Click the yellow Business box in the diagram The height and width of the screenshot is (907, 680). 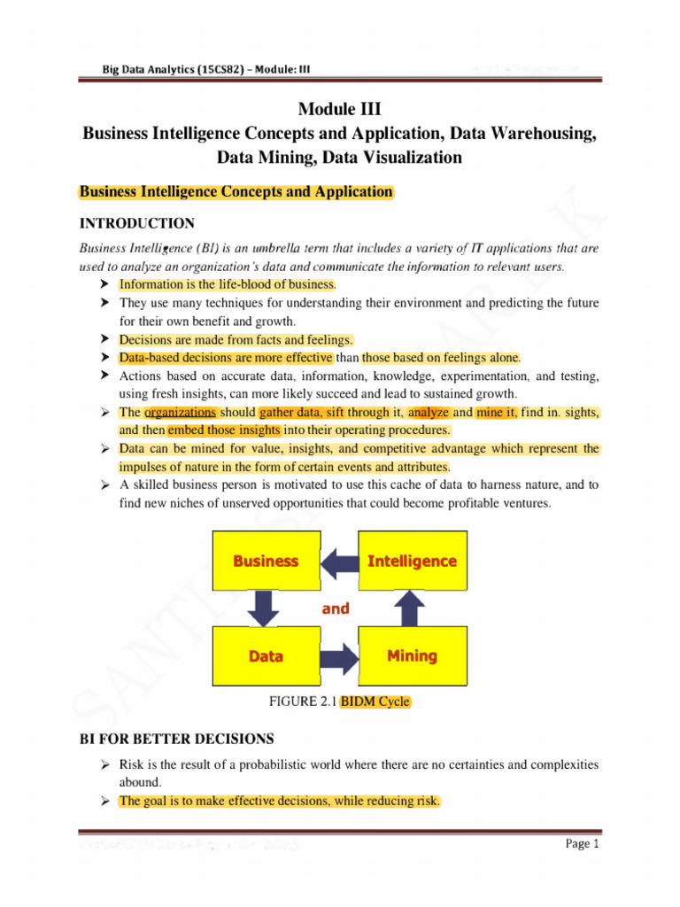pyautogui.click(x=266, y=561)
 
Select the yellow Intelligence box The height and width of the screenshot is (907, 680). pyautogui.click(x=412, y=561)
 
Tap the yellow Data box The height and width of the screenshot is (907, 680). pyautogui.click(x=266, y=656)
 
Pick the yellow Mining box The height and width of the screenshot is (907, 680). pyautogui.click(x=412, y=656)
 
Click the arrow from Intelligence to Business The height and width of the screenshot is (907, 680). pyautogui.click(x=337, y=561)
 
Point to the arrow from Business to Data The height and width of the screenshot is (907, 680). pyautogui.click(x=265, y=608)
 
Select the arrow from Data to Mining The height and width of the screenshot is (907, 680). pyautogui.click(x=338, y=657)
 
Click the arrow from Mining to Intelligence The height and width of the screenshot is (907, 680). pyautogui.click(x=410, y=608)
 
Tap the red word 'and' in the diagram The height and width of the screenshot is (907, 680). pyautogui.click(x=336, y=609)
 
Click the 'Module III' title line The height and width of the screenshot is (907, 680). pyautogui.click(x=339, y=110)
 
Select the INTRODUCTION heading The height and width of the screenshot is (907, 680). pyautogui.click(x=137, y=222)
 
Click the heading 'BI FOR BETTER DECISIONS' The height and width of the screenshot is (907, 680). pyautogui.click(x=177, y=739)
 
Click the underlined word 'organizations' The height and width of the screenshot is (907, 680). pyautogui.click(x=180, y=413)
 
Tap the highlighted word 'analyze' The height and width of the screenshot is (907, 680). pyautogui.click(x=429, y=413)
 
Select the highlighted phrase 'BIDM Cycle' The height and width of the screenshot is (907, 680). pyautogui.click(x=375, y=702)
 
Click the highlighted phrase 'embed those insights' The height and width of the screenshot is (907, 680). pyautogui.click(x=224, y=430)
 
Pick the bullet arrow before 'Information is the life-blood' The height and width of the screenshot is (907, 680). pyautogui.click(x=105, y=284)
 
